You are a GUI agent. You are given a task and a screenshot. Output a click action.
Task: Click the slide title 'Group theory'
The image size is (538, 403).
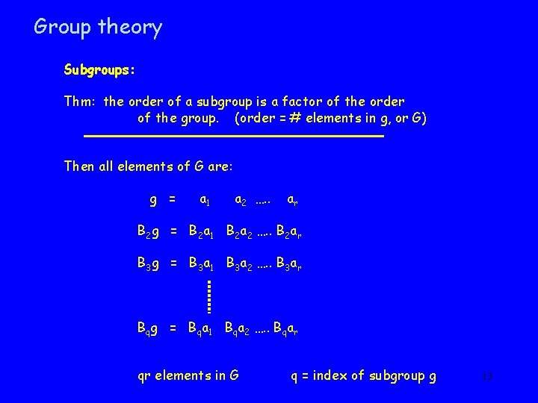pyautogui.click(x=98, y=28)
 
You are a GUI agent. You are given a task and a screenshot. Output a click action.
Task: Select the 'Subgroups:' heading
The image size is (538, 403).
pyautogui.click(x=99, y=71)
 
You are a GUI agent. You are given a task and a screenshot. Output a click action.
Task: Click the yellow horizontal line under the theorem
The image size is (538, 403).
pyautogui.click(x=233, y=137)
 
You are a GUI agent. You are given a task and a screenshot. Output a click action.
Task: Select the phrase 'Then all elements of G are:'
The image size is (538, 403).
pyautogui.click(x=149, y=166)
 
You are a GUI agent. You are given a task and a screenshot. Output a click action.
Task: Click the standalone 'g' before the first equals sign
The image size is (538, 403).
pyautogui.click(x=153, y=199)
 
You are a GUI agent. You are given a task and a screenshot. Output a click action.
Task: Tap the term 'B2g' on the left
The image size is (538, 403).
pyautogui.click(x=148, y=232)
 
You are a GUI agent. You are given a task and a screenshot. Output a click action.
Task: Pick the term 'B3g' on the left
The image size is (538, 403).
pyautogui.click(x=148, y=263)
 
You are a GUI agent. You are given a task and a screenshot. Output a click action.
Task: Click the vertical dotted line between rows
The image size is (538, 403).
pyautogui.click(x=210, y=296)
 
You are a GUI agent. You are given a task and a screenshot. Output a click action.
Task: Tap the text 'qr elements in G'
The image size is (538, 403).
pyautogui.click(x=188, y=375)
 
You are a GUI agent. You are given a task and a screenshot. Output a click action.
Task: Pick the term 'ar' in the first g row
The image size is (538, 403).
pyautogui.click(x=294, y=200)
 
